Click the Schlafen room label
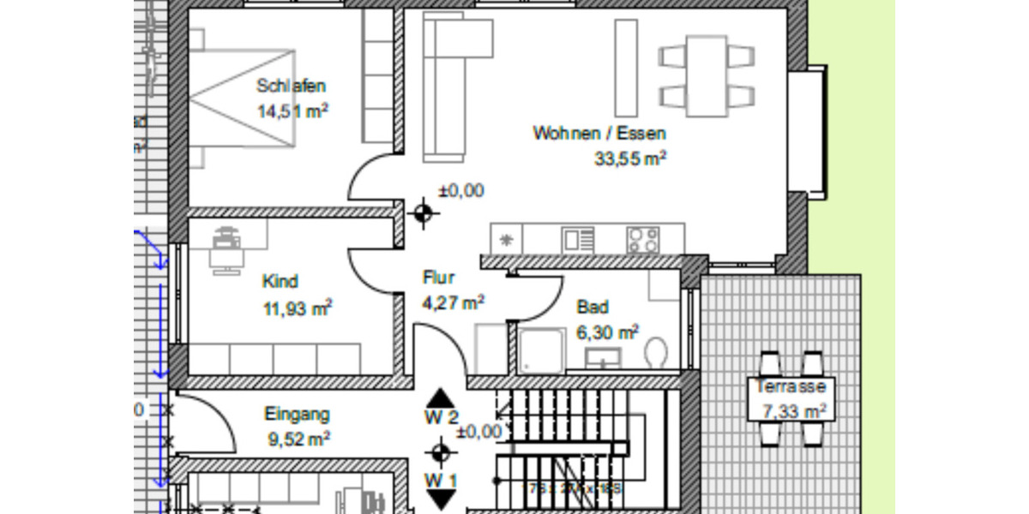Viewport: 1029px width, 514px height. (292, 86)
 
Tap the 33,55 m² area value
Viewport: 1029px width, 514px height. (630, 158)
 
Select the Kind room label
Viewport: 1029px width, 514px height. (280, 282)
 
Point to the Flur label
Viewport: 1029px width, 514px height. (438, 278)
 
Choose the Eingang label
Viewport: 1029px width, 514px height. (297, 415)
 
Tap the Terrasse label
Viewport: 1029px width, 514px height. (791, 386)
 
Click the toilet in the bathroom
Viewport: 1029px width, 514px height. (656, 352)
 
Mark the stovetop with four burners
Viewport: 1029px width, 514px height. (642, 238)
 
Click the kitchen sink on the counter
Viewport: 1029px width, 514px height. (577, 238)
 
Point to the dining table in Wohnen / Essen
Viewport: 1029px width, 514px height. (707, 75)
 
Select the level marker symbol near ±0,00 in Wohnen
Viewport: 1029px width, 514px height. (423, 213)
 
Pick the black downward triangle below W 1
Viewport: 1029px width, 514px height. (441, 500)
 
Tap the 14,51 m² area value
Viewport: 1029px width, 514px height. (293, 111)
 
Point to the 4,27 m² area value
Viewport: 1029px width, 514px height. (454, 302)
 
